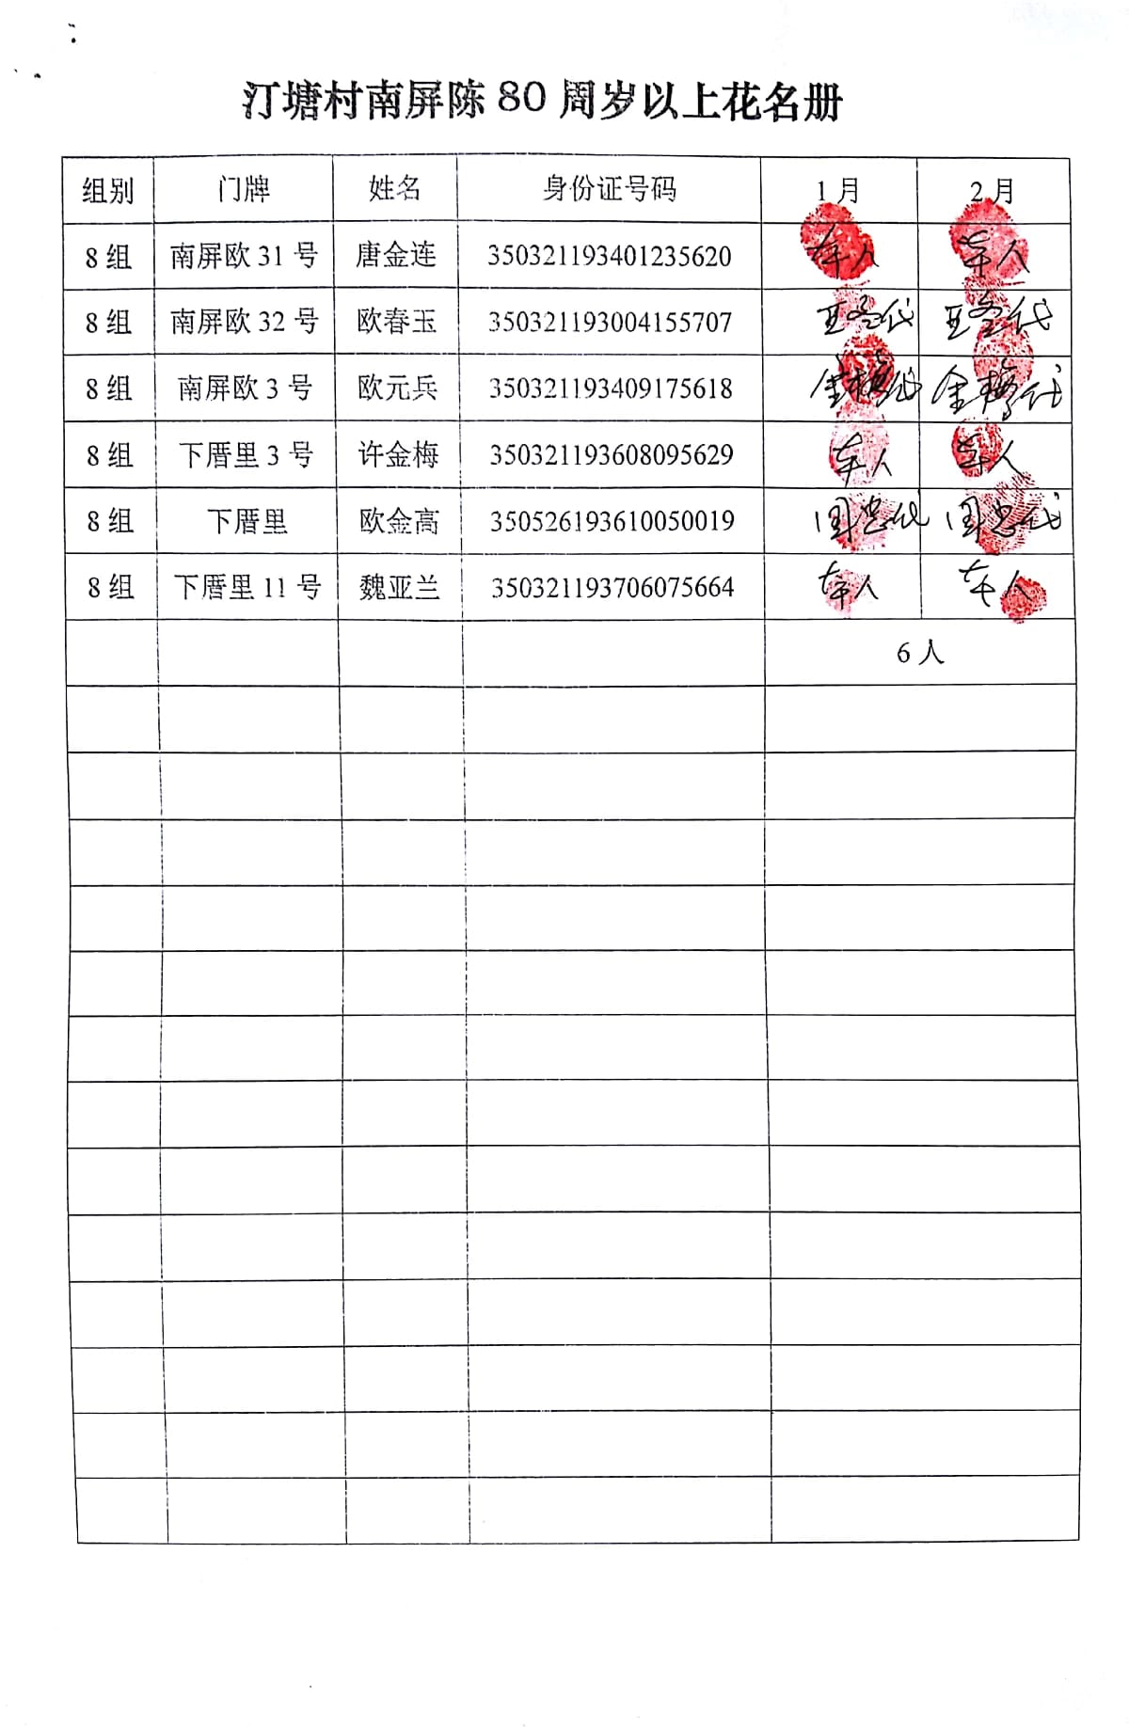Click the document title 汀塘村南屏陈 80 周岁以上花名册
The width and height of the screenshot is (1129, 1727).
coord(542,101)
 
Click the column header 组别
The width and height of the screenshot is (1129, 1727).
coord(108,191)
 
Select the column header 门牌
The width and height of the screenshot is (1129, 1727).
coord(244,189)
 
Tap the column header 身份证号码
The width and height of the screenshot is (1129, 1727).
coord(609,189)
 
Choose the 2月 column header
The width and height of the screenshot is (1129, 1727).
coord(993,192)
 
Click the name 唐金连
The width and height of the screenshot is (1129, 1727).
coord(396,255)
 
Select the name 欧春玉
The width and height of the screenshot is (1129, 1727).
coord(397,322)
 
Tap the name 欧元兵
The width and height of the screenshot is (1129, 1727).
coord(397,388)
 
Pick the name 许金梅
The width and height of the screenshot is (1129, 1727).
coord(398,455)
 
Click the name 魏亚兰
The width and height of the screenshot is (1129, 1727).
coord(399,588)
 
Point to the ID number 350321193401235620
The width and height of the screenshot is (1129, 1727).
coord(609,256)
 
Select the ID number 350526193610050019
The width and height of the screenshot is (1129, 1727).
coord(612,521)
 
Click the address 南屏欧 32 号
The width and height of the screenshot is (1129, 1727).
coord(244,322)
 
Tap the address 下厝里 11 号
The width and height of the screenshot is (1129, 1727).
coord(246,588)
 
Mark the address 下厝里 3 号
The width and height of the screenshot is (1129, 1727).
coord(246,455)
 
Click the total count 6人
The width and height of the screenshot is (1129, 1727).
coord(919,653)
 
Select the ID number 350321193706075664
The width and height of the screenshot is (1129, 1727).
coord(612,588)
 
